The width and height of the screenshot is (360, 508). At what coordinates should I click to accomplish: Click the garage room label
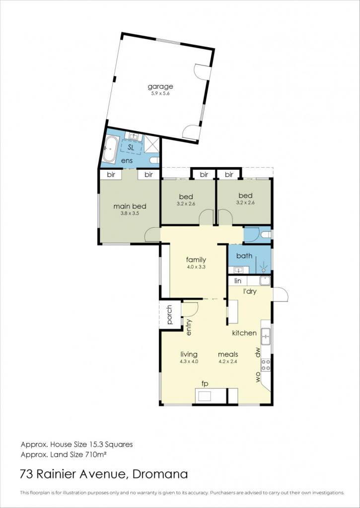pos(160,87)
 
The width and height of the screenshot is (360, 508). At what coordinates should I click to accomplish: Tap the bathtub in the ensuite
pos(110,149)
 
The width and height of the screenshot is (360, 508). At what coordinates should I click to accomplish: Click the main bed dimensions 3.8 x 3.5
pos(130,213)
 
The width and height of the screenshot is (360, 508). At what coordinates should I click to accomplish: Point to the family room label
pos(196,260)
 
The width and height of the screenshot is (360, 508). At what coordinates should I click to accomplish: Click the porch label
pos(170,315)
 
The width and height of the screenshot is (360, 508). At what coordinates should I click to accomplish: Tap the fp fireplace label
pos(204,384)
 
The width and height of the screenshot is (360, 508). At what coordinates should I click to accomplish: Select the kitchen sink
pos(266,336)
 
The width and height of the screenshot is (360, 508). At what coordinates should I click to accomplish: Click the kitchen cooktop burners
pos(266,365)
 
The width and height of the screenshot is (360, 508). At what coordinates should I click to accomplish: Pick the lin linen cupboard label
pos(238,281)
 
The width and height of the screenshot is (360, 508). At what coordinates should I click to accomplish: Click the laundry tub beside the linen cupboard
pos(265,281)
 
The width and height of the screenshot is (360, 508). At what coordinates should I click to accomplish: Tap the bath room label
pos(244,255)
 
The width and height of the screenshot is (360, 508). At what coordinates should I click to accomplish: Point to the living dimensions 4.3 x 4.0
pos(189,362)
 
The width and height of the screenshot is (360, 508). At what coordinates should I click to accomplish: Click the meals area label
pos(228,354)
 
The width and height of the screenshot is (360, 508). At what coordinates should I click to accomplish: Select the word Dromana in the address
pos(160,474)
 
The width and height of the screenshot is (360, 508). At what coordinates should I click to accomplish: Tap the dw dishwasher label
pos(258,353)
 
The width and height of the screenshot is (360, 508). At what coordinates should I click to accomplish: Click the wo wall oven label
pos(258,378)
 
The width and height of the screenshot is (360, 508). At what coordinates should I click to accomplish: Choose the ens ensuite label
pos(127,161)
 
